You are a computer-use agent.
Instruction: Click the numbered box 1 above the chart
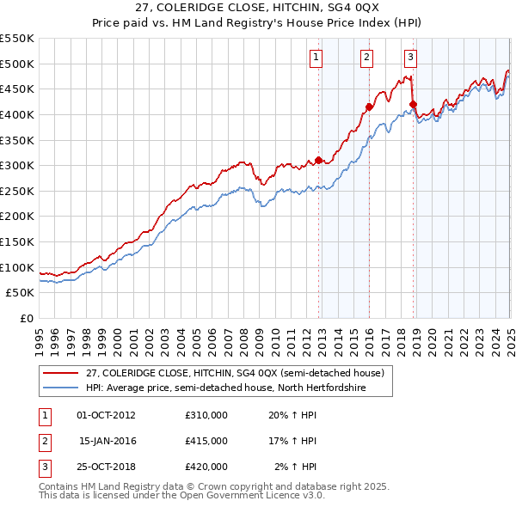(316, 58)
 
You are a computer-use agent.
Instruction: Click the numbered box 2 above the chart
(366, 58)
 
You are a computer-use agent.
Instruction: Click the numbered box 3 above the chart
(410, 58)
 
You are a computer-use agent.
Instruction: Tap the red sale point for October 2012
(318, 160)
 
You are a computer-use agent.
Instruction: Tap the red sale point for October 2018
(413, 104)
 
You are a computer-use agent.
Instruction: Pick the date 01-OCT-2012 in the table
(107, 415)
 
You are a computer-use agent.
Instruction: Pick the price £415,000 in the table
(206, 441)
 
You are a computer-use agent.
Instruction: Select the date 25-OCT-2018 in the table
(107, 467)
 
